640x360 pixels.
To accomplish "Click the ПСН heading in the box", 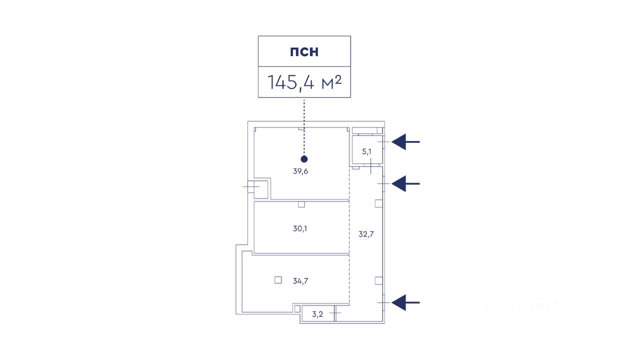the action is pos(304,51).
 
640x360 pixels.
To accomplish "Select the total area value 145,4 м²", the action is pos(304,82).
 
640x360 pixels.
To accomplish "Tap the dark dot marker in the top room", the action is pos(304,159).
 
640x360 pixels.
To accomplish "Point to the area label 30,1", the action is pos(300,229).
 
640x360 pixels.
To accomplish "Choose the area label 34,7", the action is pos(300,281).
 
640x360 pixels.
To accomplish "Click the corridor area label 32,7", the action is pos(366,233).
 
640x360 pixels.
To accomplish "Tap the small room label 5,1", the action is pos(367,151).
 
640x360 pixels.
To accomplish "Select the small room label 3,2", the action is pos(317,314).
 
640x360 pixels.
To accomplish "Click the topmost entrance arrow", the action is pos(405,142).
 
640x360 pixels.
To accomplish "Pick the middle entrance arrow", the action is pos(405,184).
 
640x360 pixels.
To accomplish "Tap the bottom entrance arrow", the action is pos(405,302).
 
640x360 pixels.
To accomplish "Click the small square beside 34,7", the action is pos(278,280).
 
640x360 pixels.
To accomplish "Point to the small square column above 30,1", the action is pos(301,204).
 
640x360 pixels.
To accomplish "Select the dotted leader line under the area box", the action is pos(304,125).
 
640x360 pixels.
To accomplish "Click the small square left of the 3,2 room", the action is pos(297,308).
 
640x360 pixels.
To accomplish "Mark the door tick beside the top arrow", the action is pos(383,142).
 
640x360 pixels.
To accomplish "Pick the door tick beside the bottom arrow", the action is pos(383,302).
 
